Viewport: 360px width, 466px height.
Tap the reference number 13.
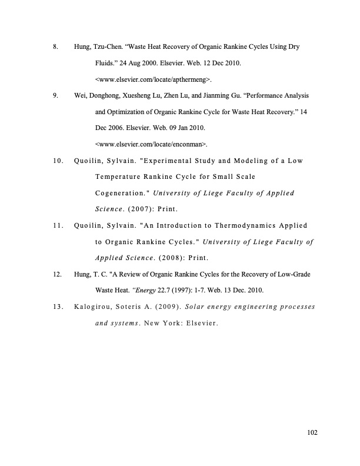tap(57, 306)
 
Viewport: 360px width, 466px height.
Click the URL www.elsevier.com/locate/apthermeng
tap(153, 78)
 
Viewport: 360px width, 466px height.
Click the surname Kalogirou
tap(95, 306)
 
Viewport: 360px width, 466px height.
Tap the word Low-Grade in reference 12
tap(294, 274)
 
